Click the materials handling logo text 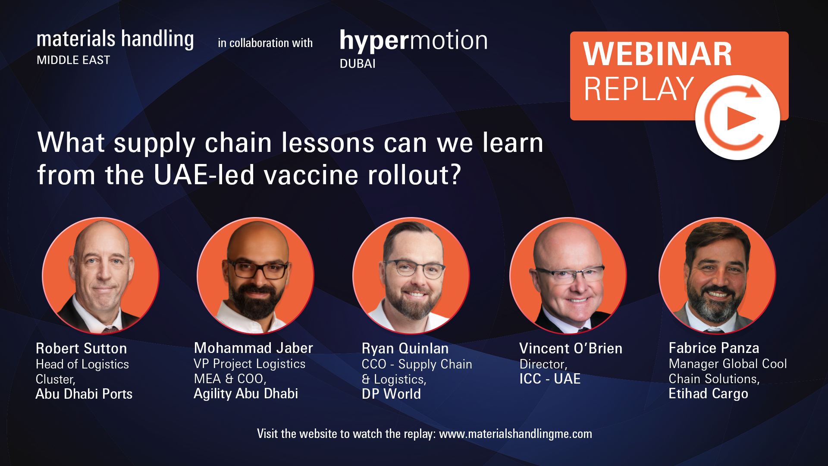pos(115,39)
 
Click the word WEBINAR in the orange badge pos(658,54)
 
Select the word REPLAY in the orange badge pos(639,89)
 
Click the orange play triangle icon pos(740,118)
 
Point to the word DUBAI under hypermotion pos(358,64)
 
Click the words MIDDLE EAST pos(73,60)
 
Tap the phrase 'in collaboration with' pos(265,43)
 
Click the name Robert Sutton pos(81,348)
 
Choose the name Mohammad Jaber pos(254,348)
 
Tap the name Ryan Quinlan pos(405,348)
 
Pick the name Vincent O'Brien pos(571,348)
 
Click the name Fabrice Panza pos(714,348)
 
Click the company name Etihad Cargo pos(709,394)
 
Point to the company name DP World pos(391,394)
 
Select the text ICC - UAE pos(550,379)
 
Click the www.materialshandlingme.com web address pos(515,434)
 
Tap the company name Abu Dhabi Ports pos(84,394)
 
